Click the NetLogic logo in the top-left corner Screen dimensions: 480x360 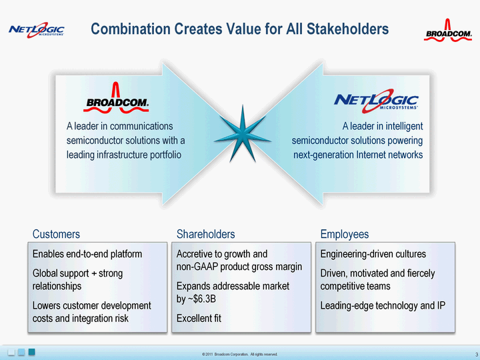[x=37, y=30]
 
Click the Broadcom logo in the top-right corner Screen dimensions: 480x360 [x=447, y=30]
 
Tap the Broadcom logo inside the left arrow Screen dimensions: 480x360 [x=116, y=97]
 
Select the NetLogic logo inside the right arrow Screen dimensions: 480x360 [x=376, y=101]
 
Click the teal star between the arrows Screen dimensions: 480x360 [x=243, y=135]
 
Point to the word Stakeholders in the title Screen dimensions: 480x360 [x=348, y=29]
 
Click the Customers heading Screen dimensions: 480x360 [x=56, y=234]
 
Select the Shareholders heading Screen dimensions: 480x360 [x=206, y=234]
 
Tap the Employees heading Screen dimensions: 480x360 [x=345, y=235]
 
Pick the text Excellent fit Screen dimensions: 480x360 [x=199, y=319]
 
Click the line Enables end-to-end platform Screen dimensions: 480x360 [x=87, y=254]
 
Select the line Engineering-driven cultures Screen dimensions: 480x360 [x=373, y=254]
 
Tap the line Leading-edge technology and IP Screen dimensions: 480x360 [x=383, y=305]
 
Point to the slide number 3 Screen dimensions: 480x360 [x=477, y=355]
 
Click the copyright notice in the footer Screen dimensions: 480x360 [x=240, y=354]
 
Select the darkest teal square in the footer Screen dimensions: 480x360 [x=32, y=352]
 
